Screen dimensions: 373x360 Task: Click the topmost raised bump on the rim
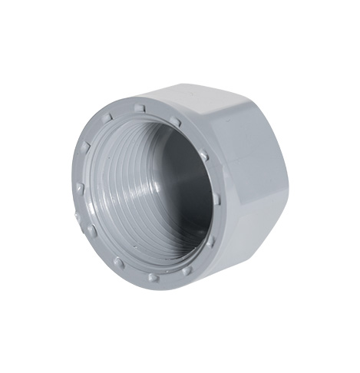(140, 107)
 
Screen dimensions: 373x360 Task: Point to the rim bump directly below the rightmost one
(210, 239)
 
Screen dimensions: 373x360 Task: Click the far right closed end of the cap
(284, 192)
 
